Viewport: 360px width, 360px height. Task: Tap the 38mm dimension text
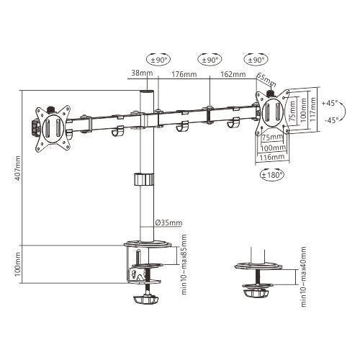click(x=141, y=73)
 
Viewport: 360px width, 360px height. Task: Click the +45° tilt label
click(x=330, y=102)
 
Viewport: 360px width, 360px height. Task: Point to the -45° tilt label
click(x=330, y=120)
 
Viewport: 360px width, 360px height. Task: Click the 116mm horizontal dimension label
click(x=271, y=156)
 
